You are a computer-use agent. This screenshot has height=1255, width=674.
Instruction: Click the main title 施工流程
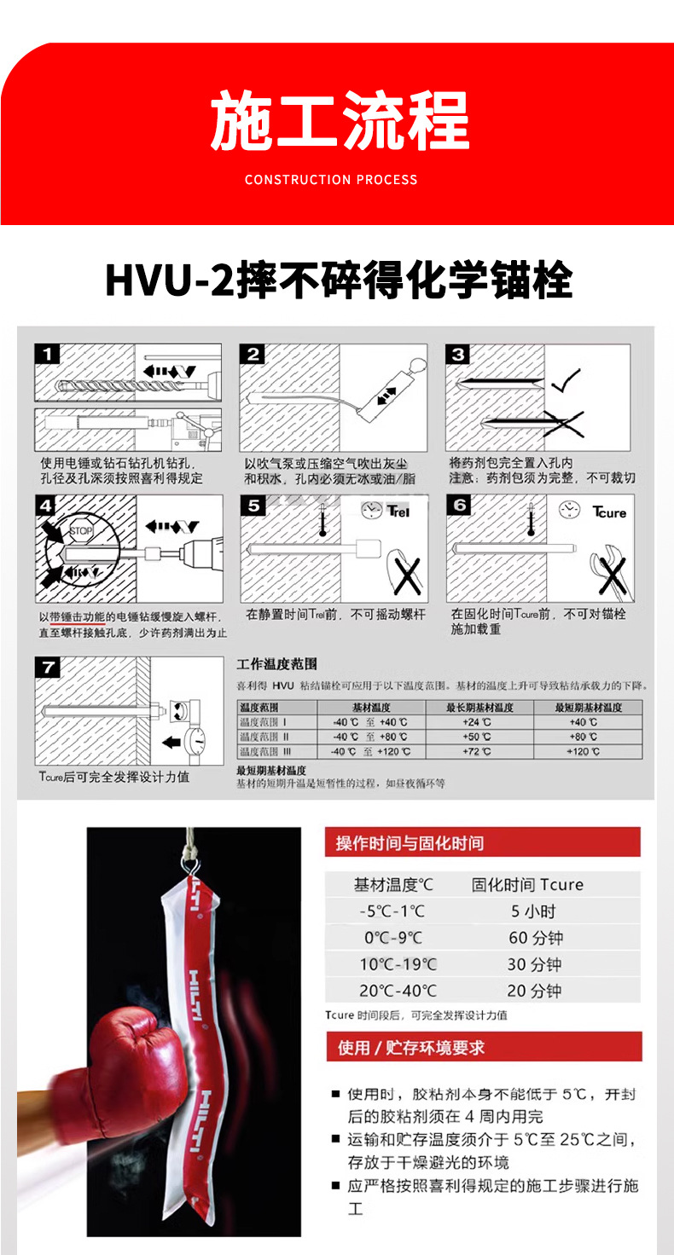click(x=340, y=122)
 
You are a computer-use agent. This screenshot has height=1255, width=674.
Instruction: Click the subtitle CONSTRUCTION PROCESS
click(x=331, y=180)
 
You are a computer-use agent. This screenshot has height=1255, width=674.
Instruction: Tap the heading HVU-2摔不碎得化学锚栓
click(x=338, y=280)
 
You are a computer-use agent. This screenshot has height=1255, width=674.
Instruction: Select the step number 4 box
click(x=47, y=505)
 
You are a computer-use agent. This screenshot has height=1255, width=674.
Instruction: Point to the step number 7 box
click(x=47, y=666)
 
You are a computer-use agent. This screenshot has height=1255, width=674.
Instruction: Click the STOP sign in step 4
click(x=80, y=529)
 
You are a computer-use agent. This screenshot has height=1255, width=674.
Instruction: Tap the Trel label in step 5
click(x=398, y=512)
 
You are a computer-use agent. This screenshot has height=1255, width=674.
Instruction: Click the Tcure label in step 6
click(x=609, y=512)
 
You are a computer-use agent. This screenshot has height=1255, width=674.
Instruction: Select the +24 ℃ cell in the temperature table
click(x=479, y=722)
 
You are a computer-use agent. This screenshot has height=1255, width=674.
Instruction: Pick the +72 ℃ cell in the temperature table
click(x=479, y=751)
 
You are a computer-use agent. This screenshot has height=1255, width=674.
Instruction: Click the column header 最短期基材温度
click(x=588, y=708)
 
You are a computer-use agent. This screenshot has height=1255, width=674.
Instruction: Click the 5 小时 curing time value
click(x=527, y=911)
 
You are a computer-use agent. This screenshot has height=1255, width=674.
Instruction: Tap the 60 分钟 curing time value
click(x=535, y=938)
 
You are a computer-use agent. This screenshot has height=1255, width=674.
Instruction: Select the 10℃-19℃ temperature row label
click(x=398, y=964)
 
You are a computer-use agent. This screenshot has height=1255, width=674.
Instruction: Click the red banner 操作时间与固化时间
click(x=482, y=843)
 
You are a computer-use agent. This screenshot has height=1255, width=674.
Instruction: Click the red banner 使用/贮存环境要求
click(x=484, y=1047)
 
